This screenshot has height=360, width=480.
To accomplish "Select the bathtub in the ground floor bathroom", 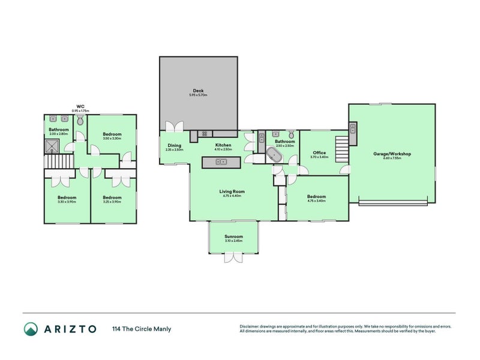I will click(275, 155).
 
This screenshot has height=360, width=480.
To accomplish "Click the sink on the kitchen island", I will click(221, 162).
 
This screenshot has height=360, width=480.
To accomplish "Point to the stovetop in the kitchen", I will click(205, 133).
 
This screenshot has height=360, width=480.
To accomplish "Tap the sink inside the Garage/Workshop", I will click(353, 128).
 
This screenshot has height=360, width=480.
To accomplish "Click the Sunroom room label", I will click(233, 237).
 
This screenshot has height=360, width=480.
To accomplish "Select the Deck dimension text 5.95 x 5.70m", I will click(197, 95).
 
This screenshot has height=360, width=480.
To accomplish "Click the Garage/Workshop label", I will click(392, 154).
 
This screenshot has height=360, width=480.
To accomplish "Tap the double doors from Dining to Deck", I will click(175, 127).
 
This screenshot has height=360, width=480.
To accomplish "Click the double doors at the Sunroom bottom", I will click(233, 257).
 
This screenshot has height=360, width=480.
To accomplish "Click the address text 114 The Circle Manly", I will click(141, 329).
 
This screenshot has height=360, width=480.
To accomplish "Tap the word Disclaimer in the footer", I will click(251, 326).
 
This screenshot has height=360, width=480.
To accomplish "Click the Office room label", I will click(319, 153).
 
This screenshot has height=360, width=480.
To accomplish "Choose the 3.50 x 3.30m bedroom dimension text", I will click(112, 139).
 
